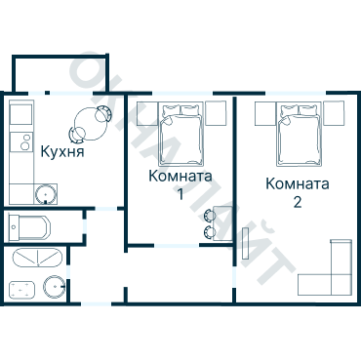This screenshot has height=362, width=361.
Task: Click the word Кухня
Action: point(61,152)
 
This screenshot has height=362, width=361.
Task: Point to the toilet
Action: point(20,291)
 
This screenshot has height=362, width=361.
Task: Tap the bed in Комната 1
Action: point(180,135)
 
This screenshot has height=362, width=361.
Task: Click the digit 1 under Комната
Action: point(180,194)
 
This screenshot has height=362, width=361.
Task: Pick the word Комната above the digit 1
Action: point(180,177)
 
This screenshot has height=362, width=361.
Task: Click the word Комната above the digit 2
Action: point(297,183)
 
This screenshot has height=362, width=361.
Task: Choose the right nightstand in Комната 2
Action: point(336,113)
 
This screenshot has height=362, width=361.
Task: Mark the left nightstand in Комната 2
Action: point(264,113)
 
